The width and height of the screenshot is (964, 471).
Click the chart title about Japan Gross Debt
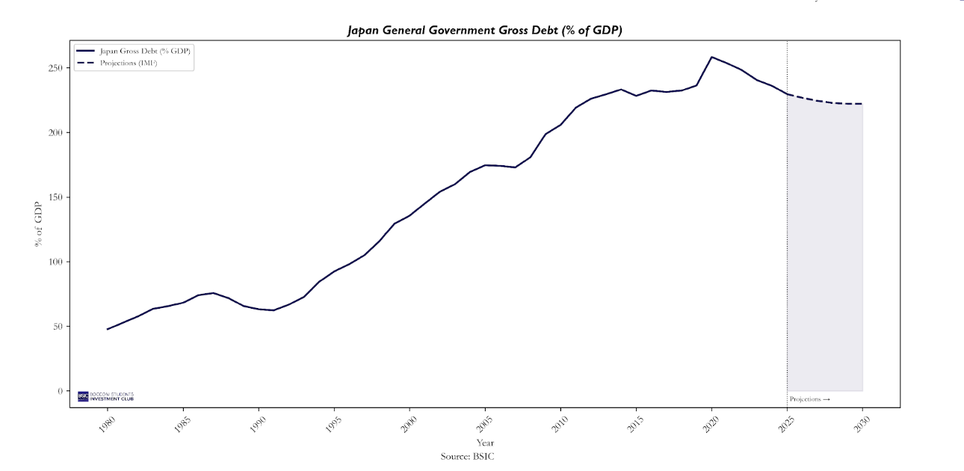click(484, 30)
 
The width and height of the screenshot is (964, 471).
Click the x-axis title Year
click(484, 443)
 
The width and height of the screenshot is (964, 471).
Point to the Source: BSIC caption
click(467, 456)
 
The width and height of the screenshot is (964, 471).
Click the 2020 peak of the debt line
click(711, 57)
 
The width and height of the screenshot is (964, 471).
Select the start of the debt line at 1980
click(108, 329)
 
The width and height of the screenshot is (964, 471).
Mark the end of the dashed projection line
click(862, 104)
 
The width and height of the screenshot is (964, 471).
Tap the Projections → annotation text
click(809, 399)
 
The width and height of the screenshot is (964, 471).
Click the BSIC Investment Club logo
click(105, 395)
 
